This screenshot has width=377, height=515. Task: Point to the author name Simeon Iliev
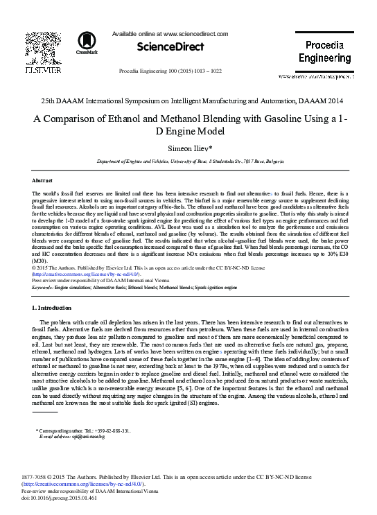pos(188,148)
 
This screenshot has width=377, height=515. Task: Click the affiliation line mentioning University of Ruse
pos(188,161)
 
